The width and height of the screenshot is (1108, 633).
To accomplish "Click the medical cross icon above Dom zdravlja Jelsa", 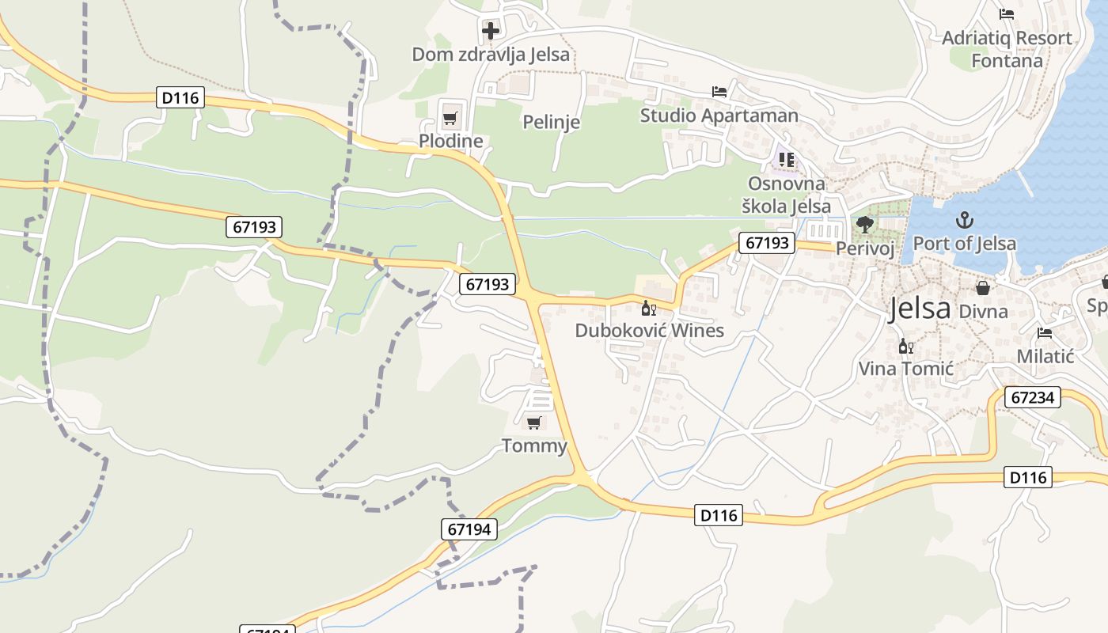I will [491, 31].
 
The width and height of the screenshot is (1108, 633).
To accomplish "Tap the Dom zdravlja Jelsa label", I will [491, 55].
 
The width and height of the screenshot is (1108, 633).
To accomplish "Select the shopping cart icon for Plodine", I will [450, 119].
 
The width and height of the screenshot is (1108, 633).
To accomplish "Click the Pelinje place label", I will [552, 122].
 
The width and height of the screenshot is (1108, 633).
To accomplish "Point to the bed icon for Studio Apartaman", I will [719, 92].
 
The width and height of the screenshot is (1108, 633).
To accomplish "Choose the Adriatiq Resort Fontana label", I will [1007, 49].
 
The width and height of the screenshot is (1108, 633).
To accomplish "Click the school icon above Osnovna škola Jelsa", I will [786, 160].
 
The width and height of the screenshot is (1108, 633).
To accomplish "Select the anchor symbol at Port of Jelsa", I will [964, 220].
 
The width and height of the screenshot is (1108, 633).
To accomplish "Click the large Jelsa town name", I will [920, 309].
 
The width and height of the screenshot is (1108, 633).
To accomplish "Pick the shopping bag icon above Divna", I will [983, 287].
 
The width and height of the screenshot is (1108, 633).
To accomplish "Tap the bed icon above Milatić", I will [1045, 333].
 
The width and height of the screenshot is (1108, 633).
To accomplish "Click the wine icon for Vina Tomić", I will [906, 346].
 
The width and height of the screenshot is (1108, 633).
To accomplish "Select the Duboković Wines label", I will [649, 331].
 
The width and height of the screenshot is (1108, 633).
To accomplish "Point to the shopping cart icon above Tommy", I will [534, 423].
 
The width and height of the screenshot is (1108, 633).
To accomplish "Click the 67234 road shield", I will [1033, 397].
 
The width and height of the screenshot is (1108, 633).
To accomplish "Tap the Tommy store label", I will [535, 446].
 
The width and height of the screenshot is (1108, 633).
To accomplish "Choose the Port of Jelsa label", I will [964, 244].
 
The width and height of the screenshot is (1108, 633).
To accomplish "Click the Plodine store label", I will [450, 142].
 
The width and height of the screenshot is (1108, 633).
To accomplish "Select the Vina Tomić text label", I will [906, 369].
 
